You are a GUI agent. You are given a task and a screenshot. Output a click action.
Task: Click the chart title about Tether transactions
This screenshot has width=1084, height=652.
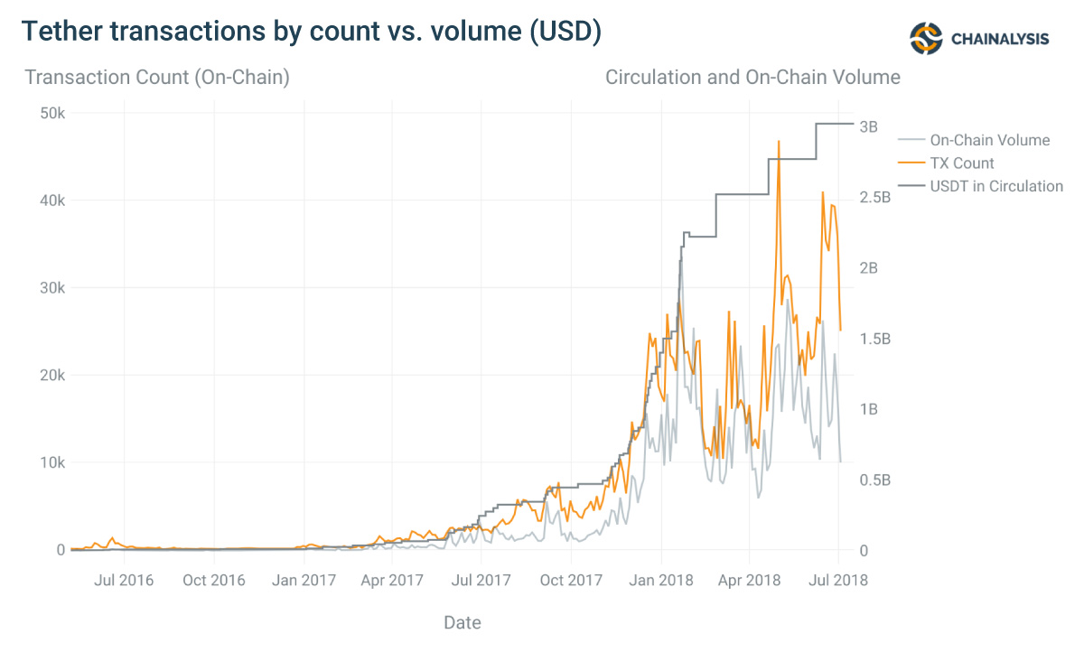coord(311,32)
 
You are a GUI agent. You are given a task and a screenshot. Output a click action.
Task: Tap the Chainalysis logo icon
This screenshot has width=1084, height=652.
coord(926,38)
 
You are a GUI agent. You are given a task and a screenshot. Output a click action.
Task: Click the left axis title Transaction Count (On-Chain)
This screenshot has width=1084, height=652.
coord(157,78)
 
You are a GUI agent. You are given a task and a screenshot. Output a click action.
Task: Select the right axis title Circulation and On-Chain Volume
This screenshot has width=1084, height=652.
coord(752,78)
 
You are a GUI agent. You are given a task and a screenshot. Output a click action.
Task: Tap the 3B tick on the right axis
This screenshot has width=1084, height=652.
coord(868,126)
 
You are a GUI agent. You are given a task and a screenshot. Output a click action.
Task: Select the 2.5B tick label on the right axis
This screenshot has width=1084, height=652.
coord(874,197)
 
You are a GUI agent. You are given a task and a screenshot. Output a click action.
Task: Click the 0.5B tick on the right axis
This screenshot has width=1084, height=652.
coord(874,480)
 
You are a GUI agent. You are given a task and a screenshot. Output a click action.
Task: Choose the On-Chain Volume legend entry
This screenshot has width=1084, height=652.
coord(989,140)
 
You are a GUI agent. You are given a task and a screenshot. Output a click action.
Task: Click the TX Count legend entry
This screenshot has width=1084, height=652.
coord(961,163)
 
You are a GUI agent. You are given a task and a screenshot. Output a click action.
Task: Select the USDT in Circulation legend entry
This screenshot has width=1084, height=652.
coord(995,186)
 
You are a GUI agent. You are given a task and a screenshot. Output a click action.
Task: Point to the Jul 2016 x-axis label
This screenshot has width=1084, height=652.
coord(123,580)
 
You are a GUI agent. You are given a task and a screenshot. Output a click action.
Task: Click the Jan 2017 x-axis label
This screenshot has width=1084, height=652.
coord(304,580)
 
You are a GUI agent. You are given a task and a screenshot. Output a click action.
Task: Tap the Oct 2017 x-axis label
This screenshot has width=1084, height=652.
coord(571,580)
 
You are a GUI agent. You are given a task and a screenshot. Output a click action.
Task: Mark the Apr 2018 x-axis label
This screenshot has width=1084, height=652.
coord(749,580)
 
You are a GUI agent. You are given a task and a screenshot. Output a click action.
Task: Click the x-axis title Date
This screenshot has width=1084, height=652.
coord(463,622)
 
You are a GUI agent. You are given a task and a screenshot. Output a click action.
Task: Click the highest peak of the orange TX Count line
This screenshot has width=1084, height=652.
coord(779,142)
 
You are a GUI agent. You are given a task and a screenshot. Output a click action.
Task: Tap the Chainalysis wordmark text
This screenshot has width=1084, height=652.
coord(1000,39)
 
